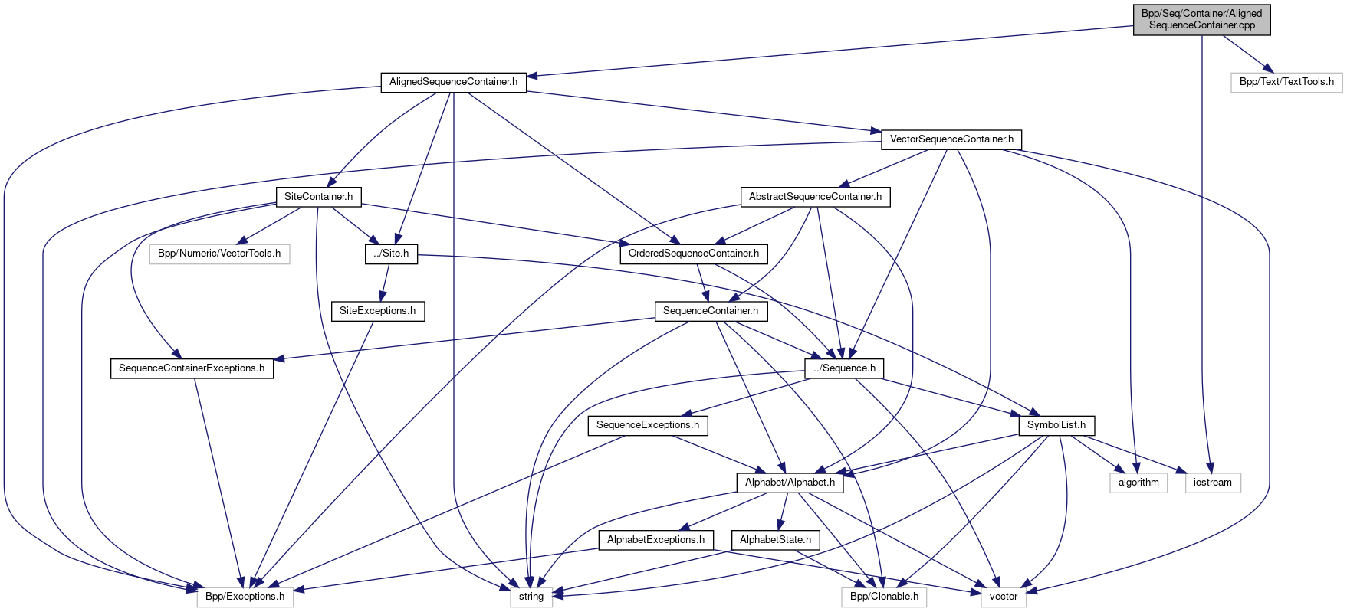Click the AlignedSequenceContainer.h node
click(453, 82)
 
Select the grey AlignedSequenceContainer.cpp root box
click(1201, 19)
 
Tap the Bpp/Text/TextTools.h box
click(1286, 82)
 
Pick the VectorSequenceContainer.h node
click(951, 139)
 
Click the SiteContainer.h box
click(318, 197)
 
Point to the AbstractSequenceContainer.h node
click(815, 197)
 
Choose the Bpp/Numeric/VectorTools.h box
click(219, 254)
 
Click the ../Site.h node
click(391, 254)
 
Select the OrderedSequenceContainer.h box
click(694, 254)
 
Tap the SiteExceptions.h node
click(377, 311)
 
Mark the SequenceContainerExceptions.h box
click(192, 368)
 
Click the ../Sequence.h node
click(844, 368)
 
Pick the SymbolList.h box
click(1056, 425)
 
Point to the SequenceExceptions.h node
click(648, 425)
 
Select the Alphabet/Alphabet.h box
click(790, 483)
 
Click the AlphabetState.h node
click(775, 540)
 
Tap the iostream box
click(1213, 483)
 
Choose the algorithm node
click(1138, 483)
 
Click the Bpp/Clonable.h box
click(884, 597)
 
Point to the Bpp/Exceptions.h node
click(245, 597)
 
